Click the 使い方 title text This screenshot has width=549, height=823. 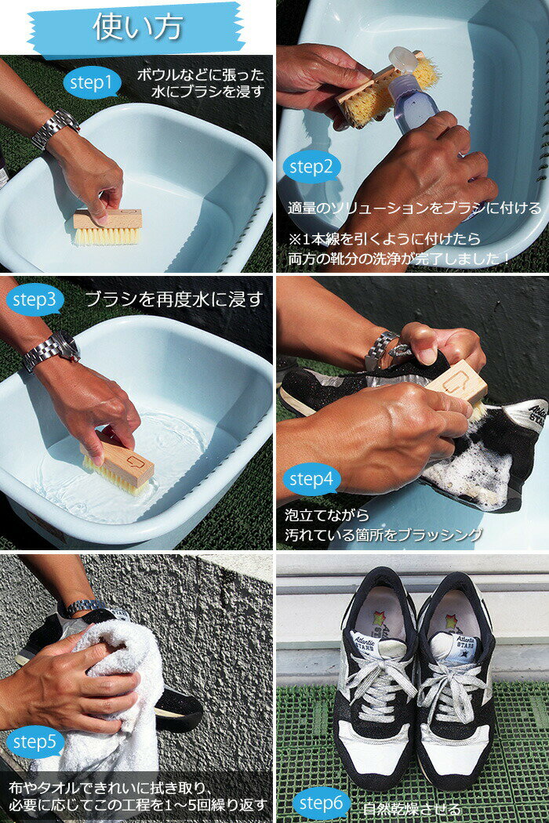point(138,26)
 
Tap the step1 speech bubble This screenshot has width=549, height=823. point(93,83)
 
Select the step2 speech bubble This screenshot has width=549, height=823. point(311,168)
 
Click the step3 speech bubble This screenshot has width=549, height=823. point(35,300)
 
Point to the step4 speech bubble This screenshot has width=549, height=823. point(311,479)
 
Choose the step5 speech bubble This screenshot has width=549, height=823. point(35,742)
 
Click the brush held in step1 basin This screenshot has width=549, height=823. point(107,227)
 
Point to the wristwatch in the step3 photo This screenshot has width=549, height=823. point(52,350)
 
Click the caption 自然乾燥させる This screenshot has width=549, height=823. point(411,809)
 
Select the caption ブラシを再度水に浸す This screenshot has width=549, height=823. point(174,299)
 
